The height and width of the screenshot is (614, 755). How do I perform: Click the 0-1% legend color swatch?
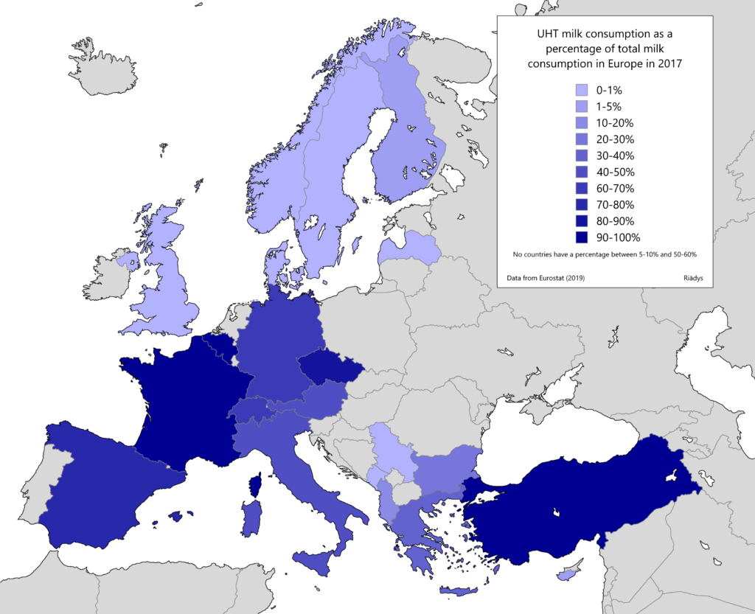pyautogui.click(x=582, y=90)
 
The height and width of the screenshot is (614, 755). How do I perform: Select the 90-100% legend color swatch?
pyautogui.click(x=582, y=237)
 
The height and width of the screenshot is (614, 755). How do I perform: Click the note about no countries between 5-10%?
pyautogui.click(x=605, y=254)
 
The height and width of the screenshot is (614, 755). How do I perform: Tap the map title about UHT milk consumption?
pyautogui.click(x=605, y=48)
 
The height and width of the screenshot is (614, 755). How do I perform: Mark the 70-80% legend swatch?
pyautogui.click(x=582, y=205)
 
